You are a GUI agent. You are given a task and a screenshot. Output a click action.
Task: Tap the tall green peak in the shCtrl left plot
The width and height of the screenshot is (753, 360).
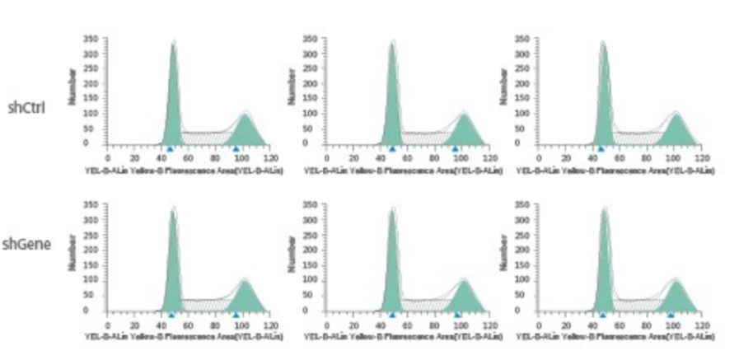click(173, 99)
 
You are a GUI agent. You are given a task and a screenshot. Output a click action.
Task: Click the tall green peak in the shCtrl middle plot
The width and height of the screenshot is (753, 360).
click(393, 99)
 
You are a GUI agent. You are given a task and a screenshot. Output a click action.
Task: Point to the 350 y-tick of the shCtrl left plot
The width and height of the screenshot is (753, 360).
click(91, 38)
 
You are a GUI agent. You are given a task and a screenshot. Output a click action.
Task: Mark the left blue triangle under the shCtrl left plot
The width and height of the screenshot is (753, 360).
click(170, 149)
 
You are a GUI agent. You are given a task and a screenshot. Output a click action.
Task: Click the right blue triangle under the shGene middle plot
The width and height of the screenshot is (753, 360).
click(457, 315)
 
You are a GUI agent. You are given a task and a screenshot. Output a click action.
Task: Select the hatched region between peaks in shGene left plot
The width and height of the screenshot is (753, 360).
click(206, 305)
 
